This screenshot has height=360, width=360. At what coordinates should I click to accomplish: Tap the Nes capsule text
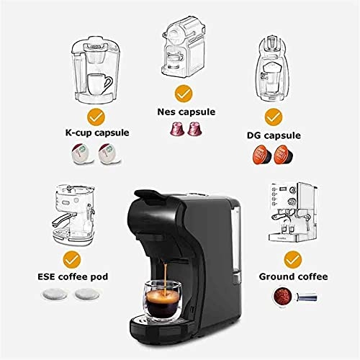click(x=184, y=112)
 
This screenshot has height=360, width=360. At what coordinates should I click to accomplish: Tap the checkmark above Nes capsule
click(x=184, y=93)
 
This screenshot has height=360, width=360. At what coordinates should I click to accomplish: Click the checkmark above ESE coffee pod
click(x=71, y=258)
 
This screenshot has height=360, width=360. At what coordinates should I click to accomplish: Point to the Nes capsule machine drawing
click(x=184, y=47)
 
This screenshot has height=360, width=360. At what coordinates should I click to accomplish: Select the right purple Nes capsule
click(x=193, y=129)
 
